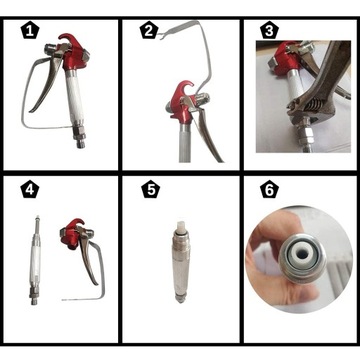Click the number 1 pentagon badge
point(30,31)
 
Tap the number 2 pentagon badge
point(149,31)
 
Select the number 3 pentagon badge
point(269,31)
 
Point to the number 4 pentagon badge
point(30,190)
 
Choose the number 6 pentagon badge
point(269,190)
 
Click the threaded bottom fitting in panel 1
point(79,137)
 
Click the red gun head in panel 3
point(283,57)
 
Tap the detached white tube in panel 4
point(36,260)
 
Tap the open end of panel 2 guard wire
point(159,36)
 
